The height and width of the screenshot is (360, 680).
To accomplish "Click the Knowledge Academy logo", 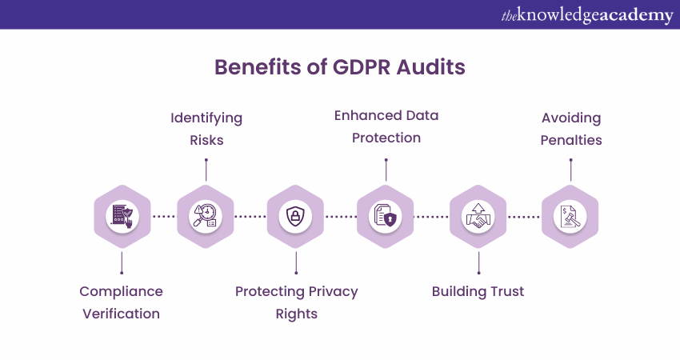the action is pyautogui.click(x=587, y=15).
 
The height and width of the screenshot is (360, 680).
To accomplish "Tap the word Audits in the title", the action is pyautogui.click(x=430, y=67).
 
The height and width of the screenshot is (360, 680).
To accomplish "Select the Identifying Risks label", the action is pyautogui.click(x=206, y=129).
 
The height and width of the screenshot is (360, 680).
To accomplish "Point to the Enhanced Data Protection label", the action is pyautogui.click(x=386, y=126).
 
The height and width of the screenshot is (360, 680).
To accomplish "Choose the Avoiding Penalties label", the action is pyautogui.click(x=571, y=129).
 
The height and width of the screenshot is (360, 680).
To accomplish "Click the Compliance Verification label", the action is pyautogui.click(x=121, y=302).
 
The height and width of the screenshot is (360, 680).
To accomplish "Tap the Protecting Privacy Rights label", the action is pyautogui.click(x=297, y=302).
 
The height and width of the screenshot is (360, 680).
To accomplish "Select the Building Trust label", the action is pyautogui.click(x=478, y=291).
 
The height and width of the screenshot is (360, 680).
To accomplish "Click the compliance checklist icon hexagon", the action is pyautogui.click(x=122, y=217).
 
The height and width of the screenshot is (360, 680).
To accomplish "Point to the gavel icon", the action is pyautogui.click(x=570, y=217).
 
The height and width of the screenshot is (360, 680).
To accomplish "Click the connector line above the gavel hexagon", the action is pyautogui.click(x=570, y=170).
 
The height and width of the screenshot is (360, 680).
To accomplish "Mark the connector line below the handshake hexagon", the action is pyautogui.click(x=478, y=263).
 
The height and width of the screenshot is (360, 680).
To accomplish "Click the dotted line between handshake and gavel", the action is pyautogui.click(x=524, y=217).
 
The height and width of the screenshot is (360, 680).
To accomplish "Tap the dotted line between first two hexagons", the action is pyautogui.click(x=164, y=217).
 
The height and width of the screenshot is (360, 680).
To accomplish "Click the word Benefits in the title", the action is pyautogui.click(x=258, y=67).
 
